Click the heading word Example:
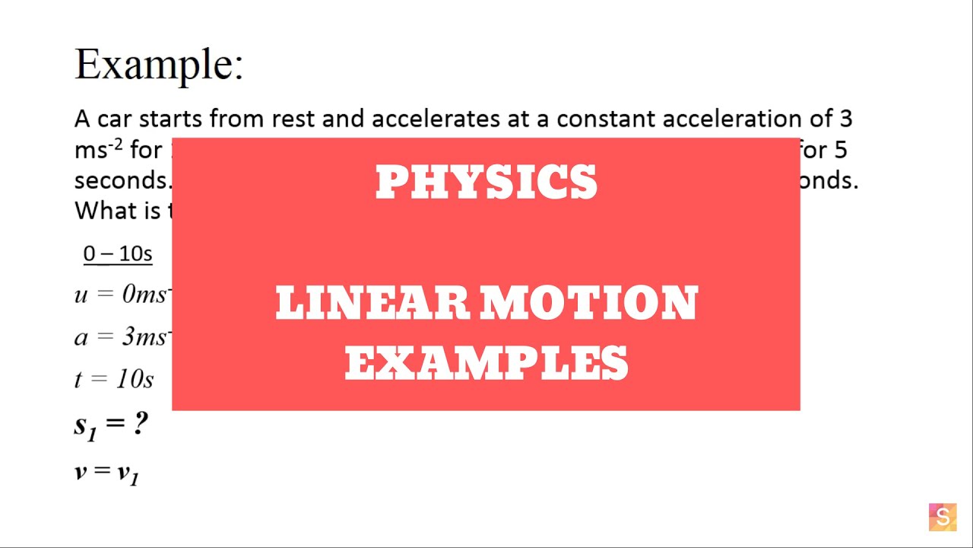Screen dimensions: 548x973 tap(159, 64)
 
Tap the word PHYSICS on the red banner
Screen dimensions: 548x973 tap(486, 183)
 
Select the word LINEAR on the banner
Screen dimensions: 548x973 tap(372, 304)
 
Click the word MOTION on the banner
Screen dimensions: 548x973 tap(588, 304)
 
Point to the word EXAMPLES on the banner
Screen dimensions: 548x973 tap(486, 363)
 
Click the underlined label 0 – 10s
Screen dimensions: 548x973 tap(118, 253)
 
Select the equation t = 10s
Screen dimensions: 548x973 tap(114, 379)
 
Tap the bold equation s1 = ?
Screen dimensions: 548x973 tap(111, 425)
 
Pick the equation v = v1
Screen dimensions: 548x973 tap(106, 473)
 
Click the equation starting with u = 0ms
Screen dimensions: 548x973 tap(122, 295)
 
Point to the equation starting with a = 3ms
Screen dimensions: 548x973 tap(122, 336)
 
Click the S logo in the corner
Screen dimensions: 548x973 tap(943, 518)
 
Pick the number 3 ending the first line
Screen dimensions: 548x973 tap(845, 119)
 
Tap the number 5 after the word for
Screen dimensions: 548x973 tap(840, 150)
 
